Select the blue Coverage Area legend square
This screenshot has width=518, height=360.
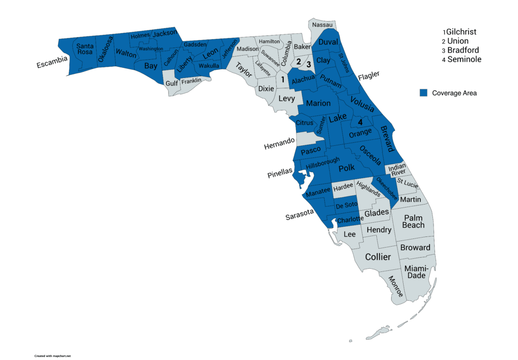coord(423,93)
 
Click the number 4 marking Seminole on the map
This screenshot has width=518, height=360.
coord(360,122)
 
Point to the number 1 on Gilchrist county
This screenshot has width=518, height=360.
coord(282,78)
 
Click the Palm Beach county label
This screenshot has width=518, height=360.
coord(413,221)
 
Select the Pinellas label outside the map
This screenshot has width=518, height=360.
coord(280,172)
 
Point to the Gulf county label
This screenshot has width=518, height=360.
coord(172,84)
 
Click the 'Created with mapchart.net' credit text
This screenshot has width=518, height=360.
coord(53,355)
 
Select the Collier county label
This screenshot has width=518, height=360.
coord(378,257)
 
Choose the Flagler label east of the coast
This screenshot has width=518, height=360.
coord(368,76)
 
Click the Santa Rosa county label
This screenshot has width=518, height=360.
coord(85,49)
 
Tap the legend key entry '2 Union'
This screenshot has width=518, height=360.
coord(455,41)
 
